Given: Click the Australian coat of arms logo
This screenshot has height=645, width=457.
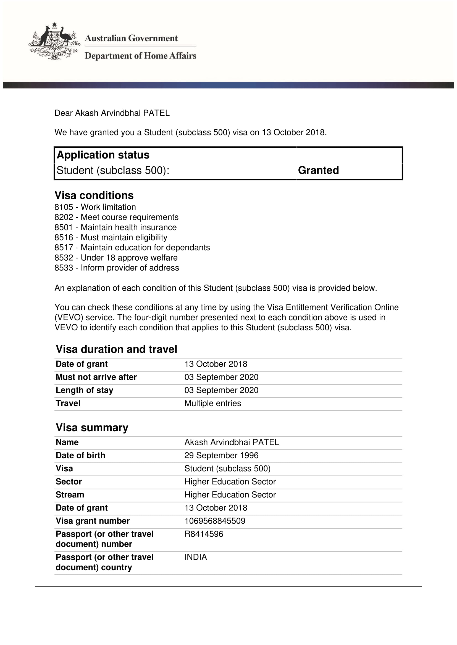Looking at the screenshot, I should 54,41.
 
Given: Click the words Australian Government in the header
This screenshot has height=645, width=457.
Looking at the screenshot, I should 131,38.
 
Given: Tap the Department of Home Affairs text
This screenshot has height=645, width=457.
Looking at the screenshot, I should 140,56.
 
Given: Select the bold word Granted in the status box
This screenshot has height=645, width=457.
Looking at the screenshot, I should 318,170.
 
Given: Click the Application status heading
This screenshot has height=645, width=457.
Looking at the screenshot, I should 103,155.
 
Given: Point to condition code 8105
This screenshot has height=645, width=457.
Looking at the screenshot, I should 64,207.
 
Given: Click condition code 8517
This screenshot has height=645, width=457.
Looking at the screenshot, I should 64,247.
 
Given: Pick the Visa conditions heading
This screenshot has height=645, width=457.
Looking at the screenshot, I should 94,195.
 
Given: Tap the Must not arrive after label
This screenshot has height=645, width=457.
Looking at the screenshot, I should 96,377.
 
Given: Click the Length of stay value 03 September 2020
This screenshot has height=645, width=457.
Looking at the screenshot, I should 221,390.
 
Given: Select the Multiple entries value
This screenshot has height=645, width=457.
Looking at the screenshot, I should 212,403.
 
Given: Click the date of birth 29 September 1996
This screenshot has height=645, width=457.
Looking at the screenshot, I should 221,455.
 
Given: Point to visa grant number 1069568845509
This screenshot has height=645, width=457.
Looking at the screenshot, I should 215,521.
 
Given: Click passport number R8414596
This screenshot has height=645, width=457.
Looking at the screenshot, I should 204,534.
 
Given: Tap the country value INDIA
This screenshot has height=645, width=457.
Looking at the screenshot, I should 196,557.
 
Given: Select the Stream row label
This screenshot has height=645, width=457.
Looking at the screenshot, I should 70,495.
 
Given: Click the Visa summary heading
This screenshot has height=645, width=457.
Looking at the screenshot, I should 92,428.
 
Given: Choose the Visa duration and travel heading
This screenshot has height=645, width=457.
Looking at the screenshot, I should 117,349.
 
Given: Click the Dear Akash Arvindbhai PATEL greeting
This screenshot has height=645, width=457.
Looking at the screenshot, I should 112,113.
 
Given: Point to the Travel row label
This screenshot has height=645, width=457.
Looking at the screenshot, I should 68,403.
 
